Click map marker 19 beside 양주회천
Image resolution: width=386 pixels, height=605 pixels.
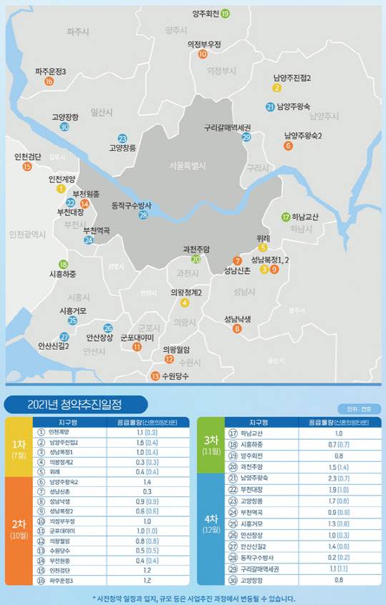coord(225,14)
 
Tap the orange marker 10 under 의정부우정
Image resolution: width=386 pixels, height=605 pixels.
coord(203,54)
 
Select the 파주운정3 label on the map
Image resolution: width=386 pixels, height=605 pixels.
coord(50,72)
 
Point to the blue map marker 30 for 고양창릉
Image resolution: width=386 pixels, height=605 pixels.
coord(64,127)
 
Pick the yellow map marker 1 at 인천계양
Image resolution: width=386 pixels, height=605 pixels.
coord(61,188)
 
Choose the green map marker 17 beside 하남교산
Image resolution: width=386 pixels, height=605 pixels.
coord(286,217)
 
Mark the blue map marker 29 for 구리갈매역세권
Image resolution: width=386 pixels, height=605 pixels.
coord(247,137)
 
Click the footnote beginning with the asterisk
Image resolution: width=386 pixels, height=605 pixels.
coord(193,599)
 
